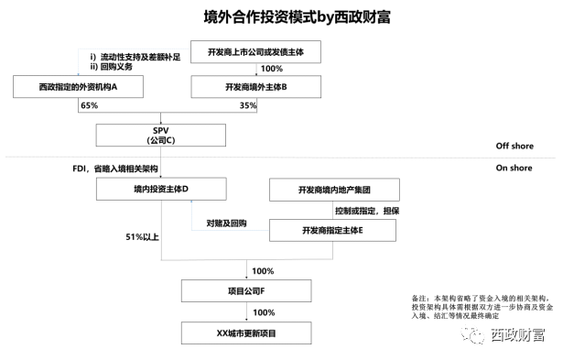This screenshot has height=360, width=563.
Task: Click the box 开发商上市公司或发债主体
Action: point(255,52)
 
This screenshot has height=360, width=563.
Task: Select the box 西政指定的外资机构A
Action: point(79,87)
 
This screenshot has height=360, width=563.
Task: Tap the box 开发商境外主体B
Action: point(256,87)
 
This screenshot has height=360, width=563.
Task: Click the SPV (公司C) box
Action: point(161,135)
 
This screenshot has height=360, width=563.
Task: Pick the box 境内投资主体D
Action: point(161,189)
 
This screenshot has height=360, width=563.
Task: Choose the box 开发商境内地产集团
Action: point(334,190)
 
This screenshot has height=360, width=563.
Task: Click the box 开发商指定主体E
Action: point(333,230)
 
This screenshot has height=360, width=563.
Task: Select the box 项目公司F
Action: point(246,291)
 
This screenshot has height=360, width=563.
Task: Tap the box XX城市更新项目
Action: point(246,333)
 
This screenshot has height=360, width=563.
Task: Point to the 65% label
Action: point(90,105)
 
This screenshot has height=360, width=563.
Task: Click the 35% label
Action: point(248,105)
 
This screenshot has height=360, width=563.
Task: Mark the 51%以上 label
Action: point(142,236)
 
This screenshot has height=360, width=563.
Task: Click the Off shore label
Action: point(514,146)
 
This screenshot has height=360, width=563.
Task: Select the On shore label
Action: point(514,168)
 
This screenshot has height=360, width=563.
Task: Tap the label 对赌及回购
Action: point(226,224)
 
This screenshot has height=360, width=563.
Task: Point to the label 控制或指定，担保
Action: point(367,211)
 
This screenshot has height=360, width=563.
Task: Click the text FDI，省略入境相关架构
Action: point(115,169)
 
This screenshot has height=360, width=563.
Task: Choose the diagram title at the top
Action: point(298,16)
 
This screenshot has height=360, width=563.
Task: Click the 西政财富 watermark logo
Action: point(503,335)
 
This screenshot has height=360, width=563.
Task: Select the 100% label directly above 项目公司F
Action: point(263,271)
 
